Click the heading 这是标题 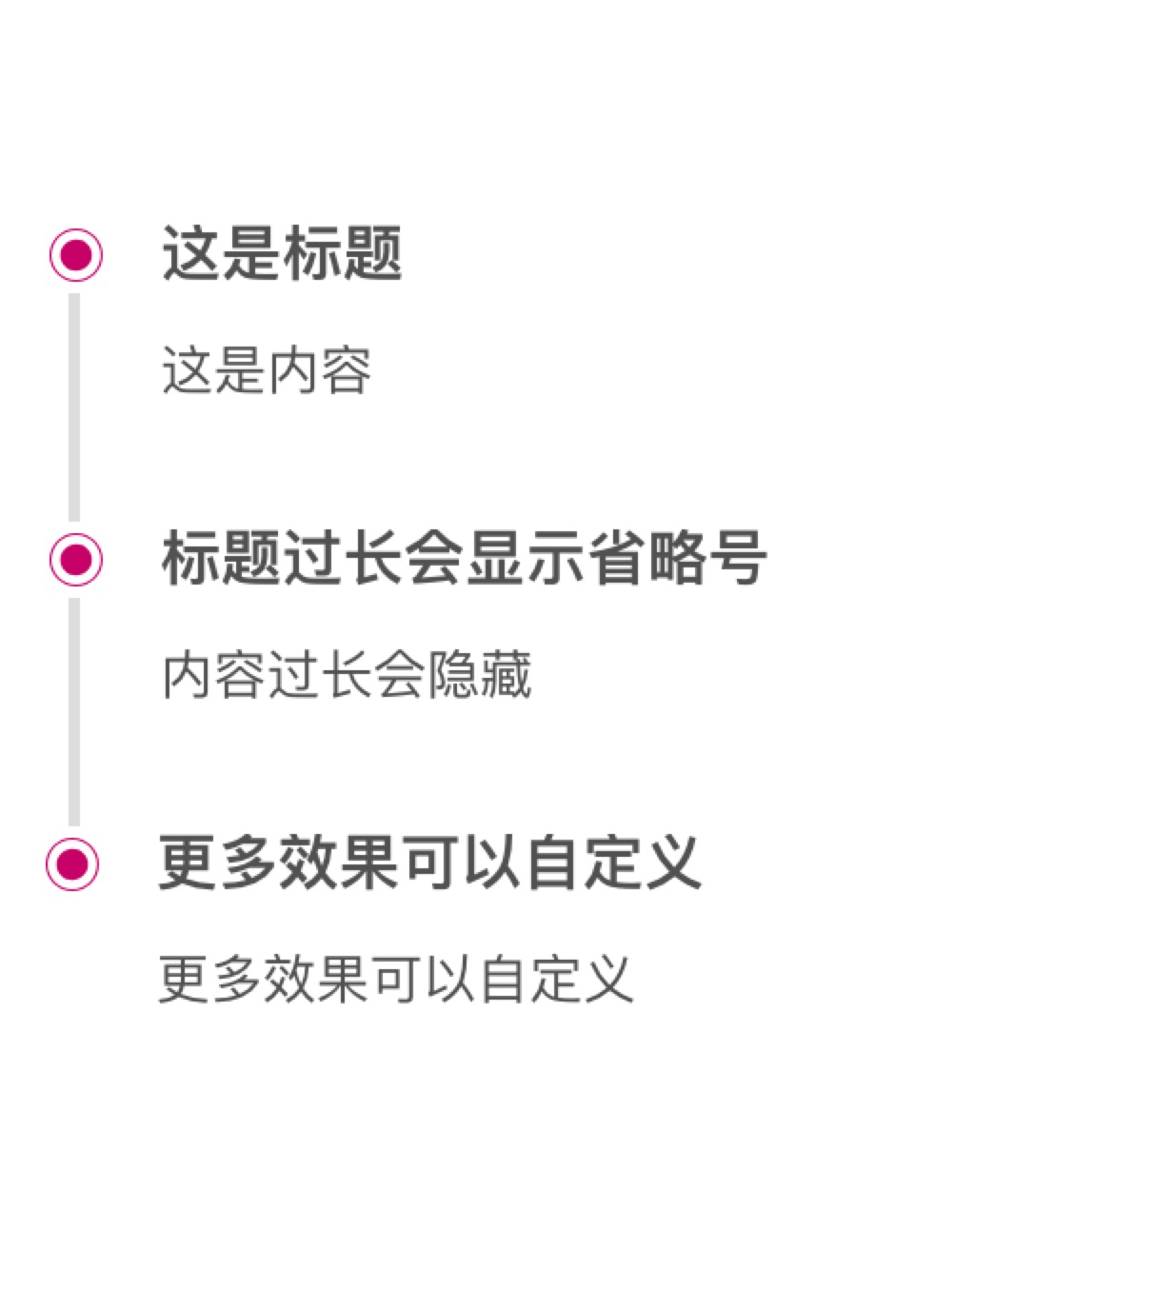tap(282, 254)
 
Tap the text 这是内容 tap(267, 370)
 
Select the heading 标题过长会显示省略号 tap(464, 558)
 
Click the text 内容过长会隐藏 tap(347, 675)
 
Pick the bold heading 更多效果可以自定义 tap(429, 863)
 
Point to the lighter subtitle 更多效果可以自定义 tap(395, 979)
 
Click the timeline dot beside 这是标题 tap(76, 255)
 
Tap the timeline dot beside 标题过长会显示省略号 tap(76, 559)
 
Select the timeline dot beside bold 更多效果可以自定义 tap(72, 863)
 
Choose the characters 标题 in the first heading tap(343, 254)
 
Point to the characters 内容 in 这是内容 tap(320, 370)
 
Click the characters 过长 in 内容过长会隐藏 tap(293, 675)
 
